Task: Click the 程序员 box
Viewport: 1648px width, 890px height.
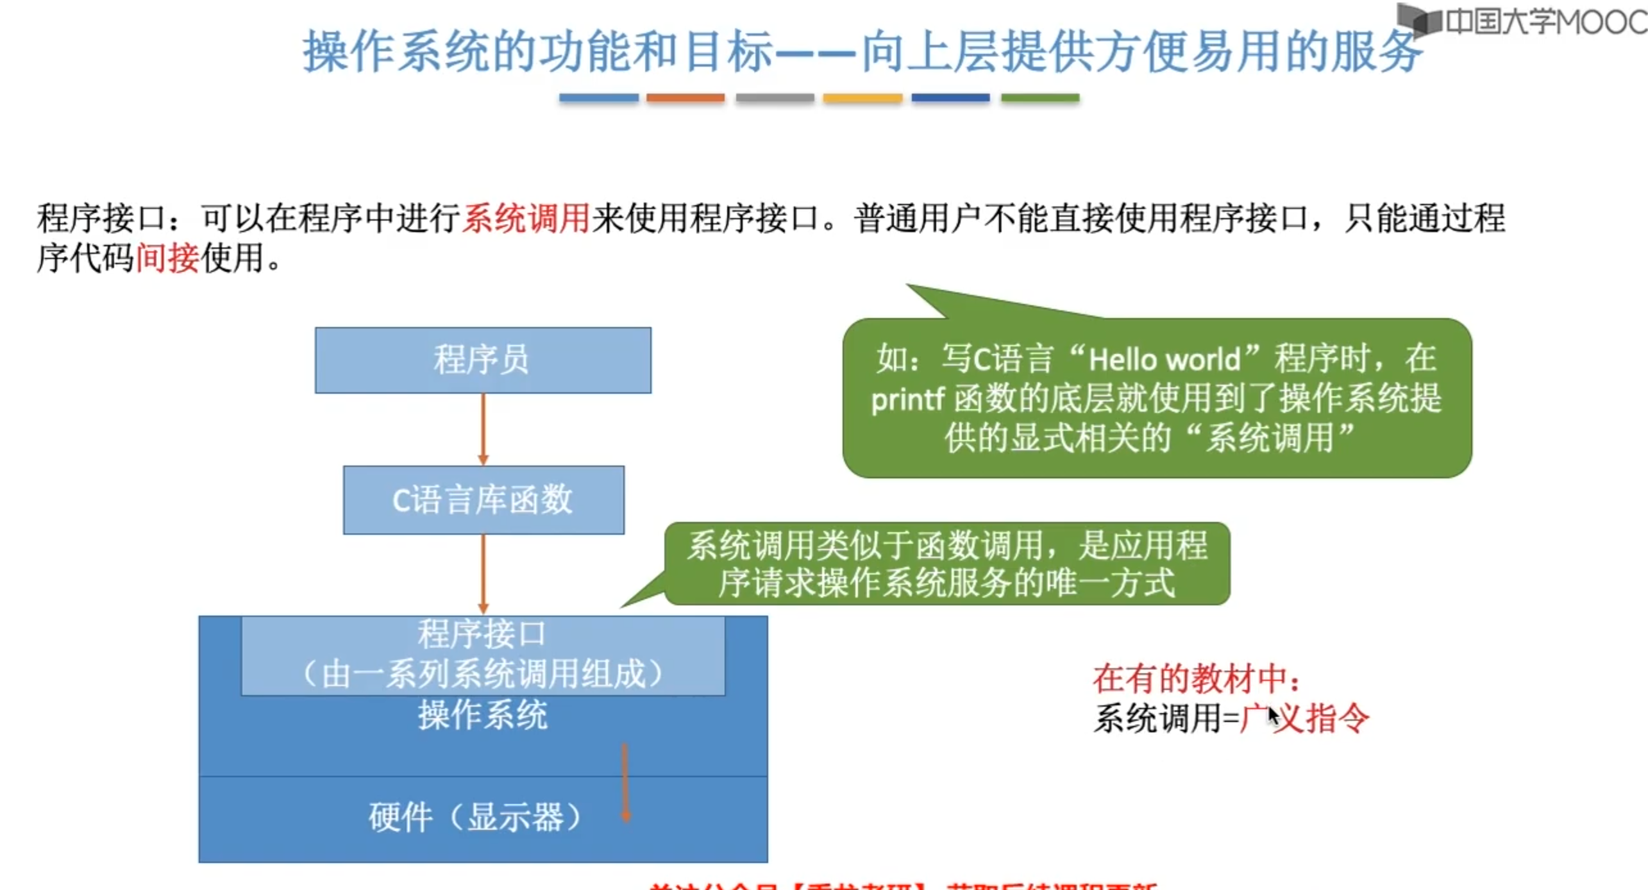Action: click(x=483, y=360)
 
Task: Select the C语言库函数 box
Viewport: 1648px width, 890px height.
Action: click(x=483, y=500)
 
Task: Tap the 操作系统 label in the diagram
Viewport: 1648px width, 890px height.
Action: click(x=483, y=716)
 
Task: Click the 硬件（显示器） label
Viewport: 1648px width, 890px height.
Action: click(x=475, y=818)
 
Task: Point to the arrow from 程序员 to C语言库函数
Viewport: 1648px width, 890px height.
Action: click(x=483, y=428)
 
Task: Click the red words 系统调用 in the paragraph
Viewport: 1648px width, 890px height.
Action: click(x=526, y=219)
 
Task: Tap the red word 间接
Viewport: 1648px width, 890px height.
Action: click(x=167, y=258)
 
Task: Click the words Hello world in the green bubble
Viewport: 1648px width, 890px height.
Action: click(x=1165, y=360)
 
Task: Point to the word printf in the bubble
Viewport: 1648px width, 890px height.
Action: click(x=907, y=399)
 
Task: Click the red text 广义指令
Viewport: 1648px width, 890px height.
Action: click(x=1305, y=718)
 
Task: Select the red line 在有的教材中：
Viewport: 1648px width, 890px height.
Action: click(x=1197, y=678)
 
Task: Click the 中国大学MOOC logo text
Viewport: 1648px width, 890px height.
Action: click(x=1545, y=22)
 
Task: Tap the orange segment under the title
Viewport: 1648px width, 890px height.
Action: click(x=685, y=97)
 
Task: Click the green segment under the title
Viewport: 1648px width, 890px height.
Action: click(x=1040, y=97)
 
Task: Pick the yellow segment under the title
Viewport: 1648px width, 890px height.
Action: click(x=862, y=97)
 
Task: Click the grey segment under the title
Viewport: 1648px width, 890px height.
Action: click(x=775, y=97)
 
